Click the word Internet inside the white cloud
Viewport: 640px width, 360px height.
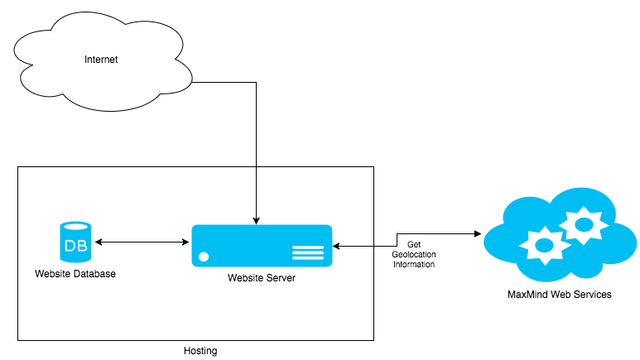[x=101, y=60]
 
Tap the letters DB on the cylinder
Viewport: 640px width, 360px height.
[x=76, y=247]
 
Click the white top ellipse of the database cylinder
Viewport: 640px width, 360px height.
[x=76, y=226]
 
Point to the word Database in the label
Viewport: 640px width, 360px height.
[x=93, y=274]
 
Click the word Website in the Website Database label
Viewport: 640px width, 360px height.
[x=52, y=274]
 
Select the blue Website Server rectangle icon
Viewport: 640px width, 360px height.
[x=262, y=246]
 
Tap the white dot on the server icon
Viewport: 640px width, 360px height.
[x=204, y=257]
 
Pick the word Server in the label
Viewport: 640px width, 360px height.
[x=281, y=278]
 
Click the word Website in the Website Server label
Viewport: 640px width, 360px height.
[x=245, y=278]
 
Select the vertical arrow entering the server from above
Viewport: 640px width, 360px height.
[x=257, y=194]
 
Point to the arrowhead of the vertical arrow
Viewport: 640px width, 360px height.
[x=257, y=221]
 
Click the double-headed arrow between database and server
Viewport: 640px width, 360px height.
[x=142, y=242]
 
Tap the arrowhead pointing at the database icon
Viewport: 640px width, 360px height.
[x=99, y=242]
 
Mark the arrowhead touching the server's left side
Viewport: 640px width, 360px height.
[x=186, y=242]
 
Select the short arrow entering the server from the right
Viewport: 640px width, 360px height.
[x=354, y=246]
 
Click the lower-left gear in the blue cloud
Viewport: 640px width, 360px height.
[x=544, y=244]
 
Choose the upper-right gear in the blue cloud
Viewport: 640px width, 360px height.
[x=584, y=223]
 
